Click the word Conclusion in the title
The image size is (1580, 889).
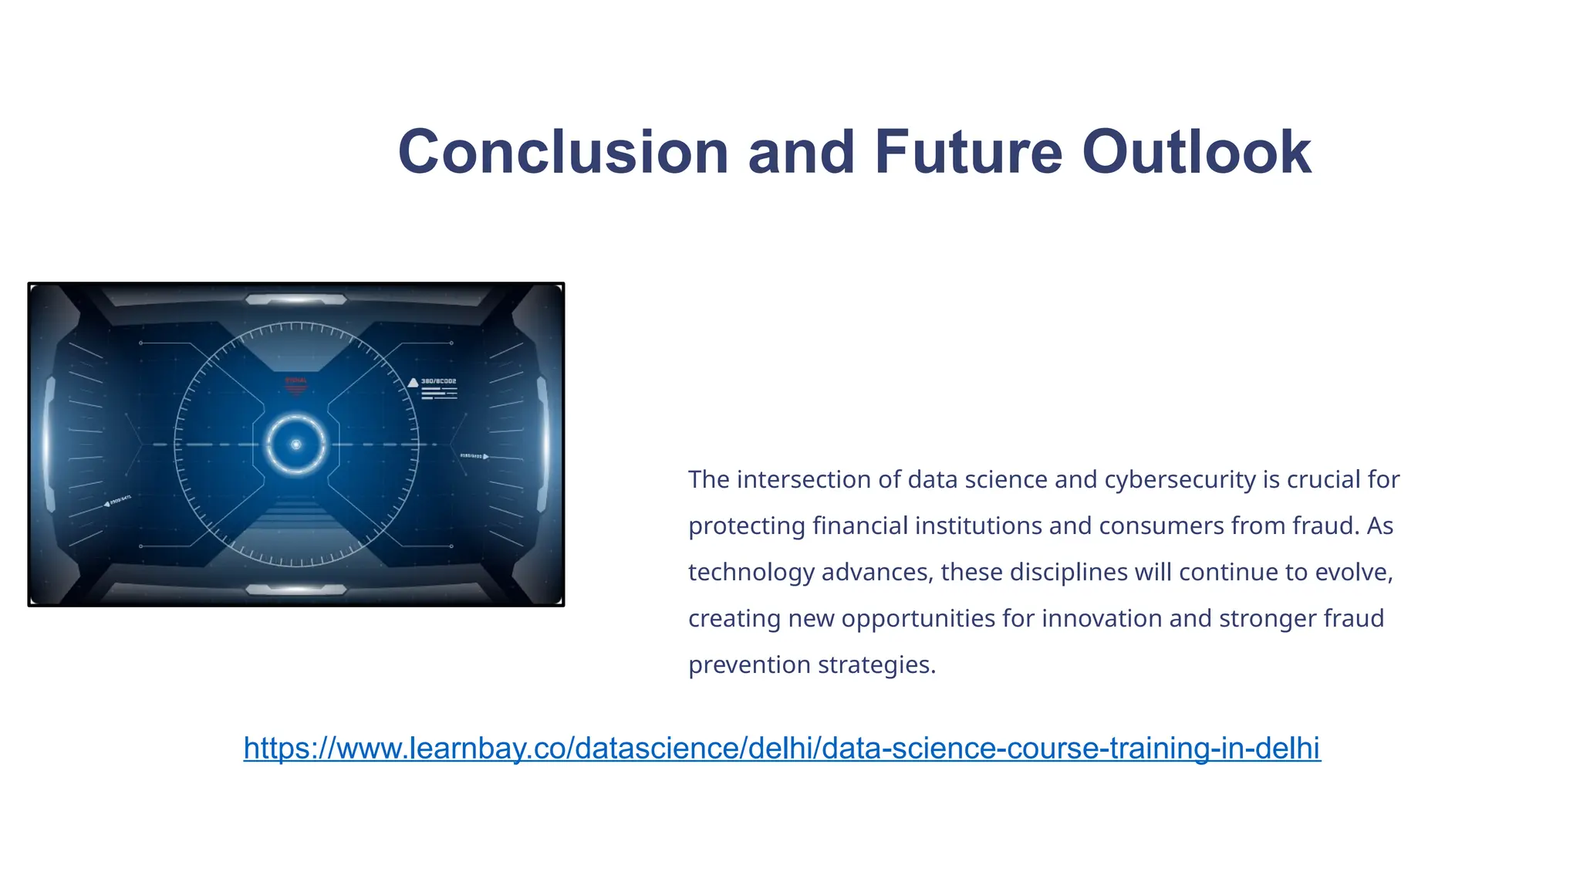[563, 152]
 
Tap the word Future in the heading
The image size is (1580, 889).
[968, 152]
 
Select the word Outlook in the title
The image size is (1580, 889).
[1196, 152]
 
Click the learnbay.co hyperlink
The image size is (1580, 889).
[782, 748]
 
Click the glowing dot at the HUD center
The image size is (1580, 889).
[296, 444]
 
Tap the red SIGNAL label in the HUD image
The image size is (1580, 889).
[296, 380]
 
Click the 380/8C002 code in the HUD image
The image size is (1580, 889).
[438, 381]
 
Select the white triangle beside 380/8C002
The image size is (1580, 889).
[413, 382]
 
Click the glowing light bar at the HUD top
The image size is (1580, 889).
[296, 299]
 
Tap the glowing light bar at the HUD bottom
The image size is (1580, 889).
[296, 590]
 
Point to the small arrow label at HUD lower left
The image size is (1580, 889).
[117, 502]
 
